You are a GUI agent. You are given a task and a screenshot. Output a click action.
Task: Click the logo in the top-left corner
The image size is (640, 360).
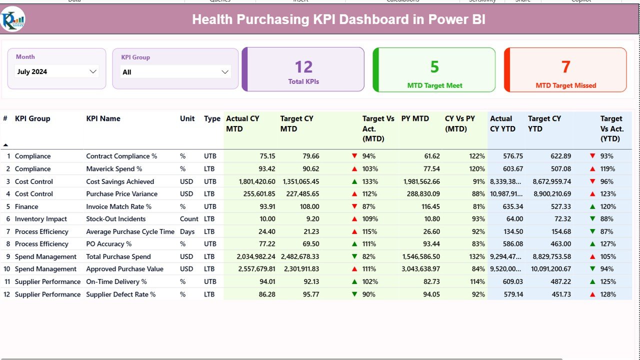(12, 19)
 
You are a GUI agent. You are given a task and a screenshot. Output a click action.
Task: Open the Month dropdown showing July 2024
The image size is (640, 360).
(56, 71)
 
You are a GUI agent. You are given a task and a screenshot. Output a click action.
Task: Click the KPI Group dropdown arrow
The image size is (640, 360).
(225, 72)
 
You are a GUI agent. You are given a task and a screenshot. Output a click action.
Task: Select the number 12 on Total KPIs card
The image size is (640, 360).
(303, 67)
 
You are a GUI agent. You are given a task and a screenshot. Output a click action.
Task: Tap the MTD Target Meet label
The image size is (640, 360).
(434, 85)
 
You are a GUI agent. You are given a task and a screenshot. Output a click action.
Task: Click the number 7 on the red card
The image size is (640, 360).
(565, 67)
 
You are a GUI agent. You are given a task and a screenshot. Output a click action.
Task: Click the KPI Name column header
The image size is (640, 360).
(103, 118)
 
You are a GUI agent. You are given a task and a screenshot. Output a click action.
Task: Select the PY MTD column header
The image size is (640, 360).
(415, 118)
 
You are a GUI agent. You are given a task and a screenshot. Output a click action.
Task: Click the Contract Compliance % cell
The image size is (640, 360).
(121, 156)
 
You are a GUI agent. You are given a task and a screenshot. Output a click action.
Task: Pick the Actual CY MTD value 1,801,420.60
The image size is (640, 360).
(250, 181)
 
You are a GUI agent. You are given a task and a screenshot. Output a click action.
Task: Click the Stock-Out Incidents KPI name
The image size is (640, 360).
(115, 219)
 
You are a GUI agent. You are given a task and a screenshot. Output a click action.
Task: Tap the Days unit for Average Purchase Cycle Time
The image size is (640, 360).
(187, 231)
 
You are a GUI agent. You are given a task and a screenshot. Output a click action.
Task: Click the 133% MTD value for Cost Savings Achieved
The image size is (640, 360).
(369, 181)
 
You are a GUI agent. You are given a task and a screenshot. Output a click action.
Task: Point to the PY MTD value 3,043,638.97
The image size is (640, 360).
(421, 269)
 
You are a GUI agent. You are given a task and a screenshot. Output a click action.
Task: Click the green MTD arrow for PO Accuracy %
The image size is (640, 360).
(354, 244)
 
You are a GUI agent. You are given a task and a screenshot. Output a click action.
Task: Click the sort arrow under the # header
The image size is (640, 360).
(5, 145)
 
